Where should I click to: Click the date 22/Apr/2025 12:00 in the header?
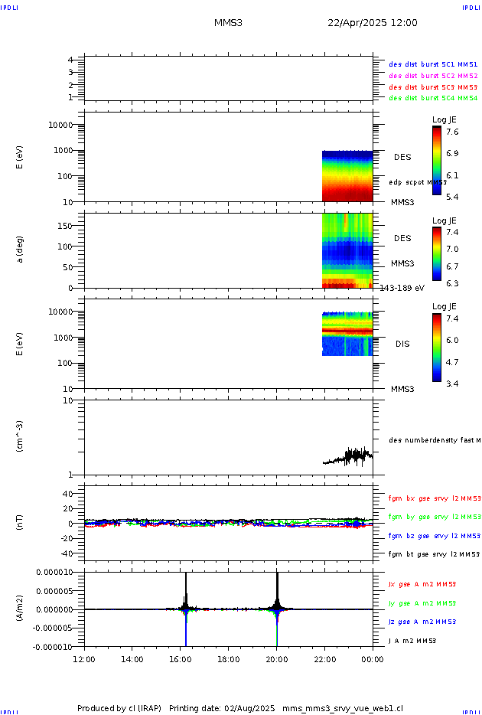(373, 23)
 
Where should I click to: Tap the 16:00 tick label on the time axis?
(181, 658)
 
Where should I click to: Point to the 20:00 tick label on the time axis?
(277, 658)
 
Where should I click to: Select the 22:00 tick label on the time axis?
(325, 658)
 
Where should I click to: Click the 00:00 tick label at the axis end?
(373, 658)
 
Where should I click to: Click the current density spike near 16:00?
(185, 589)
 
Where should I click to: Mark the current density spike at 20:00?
(277, 589)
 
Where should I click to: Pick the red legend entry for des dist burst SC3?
(433, 87)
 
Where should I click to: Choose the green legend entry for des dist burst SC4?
(433, 98)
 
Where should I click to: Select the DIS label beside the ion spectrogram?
(402, 344)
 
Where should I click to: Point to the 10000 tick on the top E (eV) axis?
(60, 125)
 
